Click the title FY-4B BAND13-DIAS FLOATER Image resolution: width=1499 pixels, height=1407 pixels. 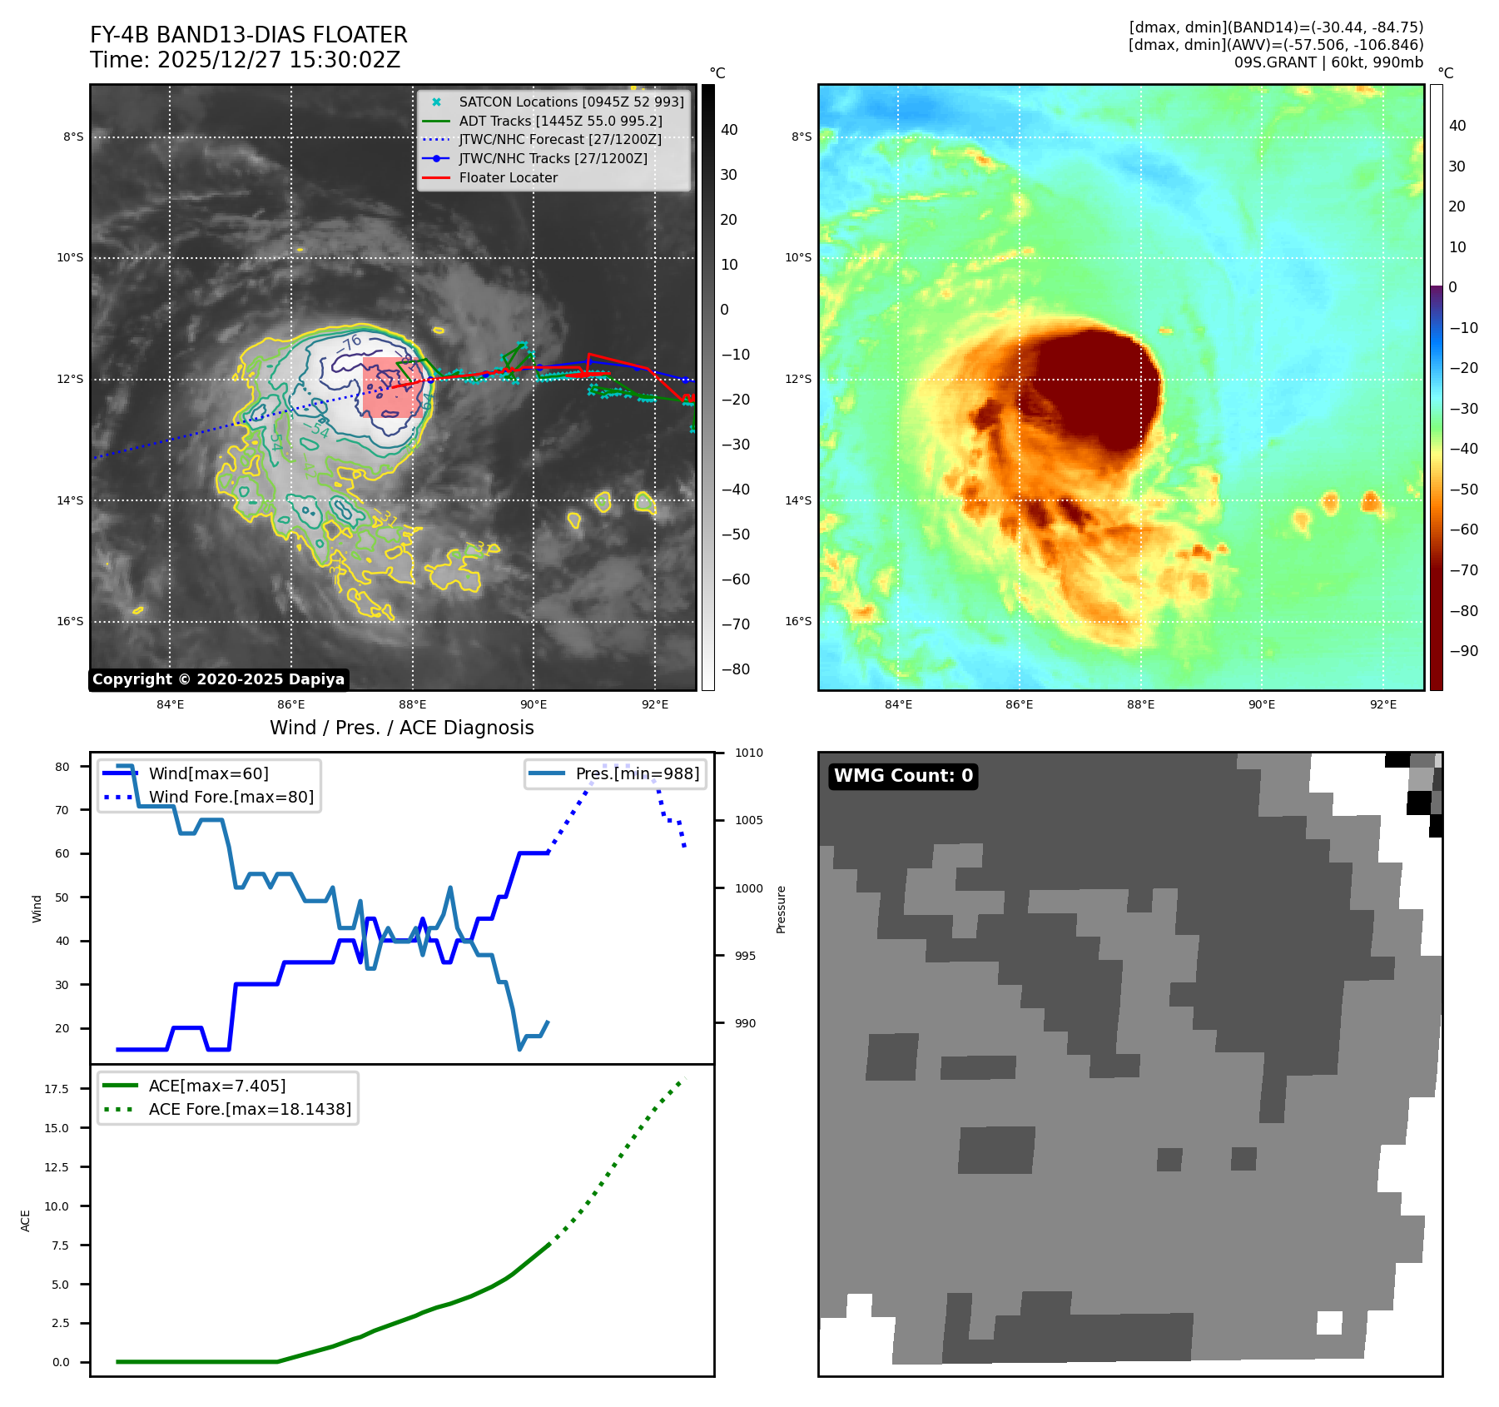pyautogui.click(x=248, y=35)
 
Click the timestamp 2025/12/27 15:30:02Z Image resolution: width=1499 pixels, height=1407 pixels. pyautogui.click(x=278, y=60)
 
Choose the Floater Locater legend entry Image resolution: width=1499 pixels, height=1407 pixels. pyautogui.click(x=508, y=177)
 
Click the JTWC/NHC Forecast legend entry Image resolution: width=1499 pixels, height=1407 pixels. pyautogui.click(x=560, y=139)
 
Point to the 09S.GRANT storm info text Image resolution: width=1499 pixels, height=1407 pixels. pyautogui.click(x=1328, y=62)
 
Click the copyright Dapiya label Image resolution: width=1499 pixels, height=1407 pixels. pyautogui.click(x=218, y=679)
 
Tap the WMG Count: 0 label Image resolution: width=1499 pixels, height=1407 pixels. pyautogui.click(x=903, y=776)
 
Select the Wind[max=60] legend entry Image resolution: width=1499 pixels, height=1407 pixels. pyautogui.click(x=208, y=773)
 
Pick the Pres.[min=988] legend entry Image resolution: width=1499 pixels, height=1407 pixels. pyautogui.click(x=637, y=773)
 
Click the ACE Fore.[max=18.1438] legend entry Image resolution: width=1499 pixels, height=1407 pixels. pyautogui.click(x=250, y=1109)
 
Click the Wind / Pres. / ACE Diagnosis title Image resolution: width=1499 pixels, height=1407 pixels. pyautogui.click(x=401, y=728)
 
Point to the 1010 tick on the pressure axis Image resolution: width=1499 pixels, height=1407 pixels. pyautogui.click(x=748, y=753)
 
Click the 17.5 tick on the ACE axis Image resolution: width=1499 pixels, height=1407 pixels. pyautogui.click(x=57, y=1089)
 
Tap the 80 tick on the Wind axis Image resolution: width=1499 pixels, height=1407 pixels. pyautogui.click(x=62, y=767)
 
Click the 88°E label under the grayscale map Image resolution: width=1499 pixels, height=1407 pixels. pyautogui.click(x=412, y=704)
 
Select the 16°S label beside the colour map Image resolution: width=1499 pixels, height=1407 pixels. pyautogui.click(x=798, y=621)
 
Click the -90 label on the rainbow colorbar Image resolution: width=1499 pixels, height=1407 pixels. pyautogui.click(x=1463, y=651)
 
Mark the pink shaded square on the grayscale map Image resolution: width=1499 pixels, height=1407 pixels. pyautogui.click(x=393, y=387)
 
